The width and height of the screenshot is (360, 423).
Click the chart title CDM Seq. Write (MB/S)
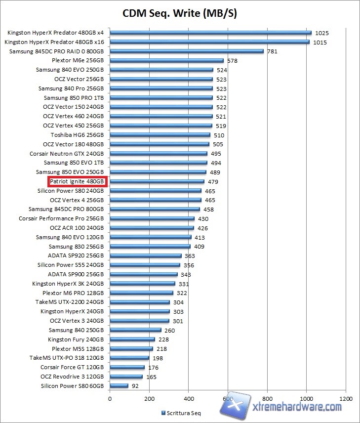click(x=180, y=13)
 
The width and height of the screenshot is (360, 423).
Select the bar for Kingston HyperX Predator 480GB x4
click(x=210, y=33)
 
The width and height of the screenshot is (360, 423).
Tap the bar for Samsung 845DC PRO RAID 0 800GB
click(x=187, y=51)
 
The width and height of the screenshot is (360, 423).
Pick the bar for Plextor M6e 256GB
click(x=166, y=60)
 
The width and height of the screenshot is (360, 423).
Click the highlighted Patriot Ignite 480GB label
click(x=77, y=181)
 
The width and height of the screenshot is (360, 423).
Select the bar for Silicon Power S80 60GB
click(x=119, y=386)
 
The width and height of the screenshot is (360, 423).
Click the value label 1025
click(x=321, y=33)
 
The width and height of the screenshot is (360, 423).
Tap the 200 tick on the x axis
click(x=149, y=398)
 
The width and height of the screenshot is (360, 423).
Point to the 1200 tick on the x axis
click(x=346, y=398)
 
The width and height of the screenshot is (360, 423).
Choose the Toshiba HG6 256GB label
click(x=77, y=135)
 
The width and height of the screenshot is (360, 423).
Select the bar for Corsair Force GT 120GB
click(x=127, y=367)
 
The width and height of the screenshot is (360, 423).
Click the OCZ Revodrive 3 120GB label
click(x=73, y=377)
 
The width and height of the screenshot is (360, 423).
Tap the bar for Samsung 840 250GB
click(x=135, y=330)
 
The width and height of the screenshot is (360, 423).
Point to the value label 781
click(x=273, y=51)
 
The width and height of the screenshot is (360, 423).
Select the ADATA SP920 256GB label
click(x=76, y=255)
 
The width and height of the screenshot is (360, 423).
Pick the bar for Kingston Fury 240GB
click(x=132, y=339)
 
